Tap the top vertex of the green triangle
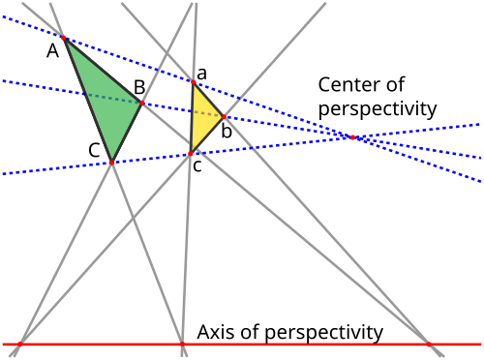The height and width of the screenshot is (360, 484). (x=64, y=38)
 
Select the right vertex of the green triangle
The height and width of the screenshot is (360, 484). (x=142, y=102)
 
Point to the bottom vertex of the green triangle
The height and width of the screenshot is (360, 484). (x=111, y=162)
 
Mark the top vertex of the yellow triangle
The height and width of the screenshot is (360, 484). (x=193, y=83)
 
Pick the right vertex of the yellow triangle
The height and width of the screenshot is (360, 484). (x=225, y=117)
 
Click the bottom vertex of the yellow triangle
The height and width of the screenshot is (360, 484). (x=191, y=153)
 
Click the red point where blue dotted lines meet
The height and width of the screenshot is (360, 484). (x=352, y=137)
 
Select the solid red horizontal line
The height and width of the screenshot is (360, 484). (x=290, y=344)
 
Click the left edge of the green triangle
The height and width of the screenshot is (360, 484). (x=87, y=99)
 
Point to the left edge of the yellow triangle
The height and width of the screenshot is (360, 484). (x=192, y=118)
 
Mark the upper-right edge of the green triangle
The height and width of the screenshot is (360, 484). (x=104, y=70)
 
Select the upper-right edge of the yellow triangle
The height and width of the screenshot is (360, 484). (x=209, y=101)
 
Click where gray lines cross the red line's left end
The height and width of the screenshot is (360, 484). (x=18, y=344)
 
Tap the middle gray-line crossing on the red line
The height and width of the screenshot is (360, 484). (x=182, y=344)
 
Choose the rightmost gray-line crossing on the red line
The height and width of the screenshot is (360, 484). (x=427, y=344)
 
